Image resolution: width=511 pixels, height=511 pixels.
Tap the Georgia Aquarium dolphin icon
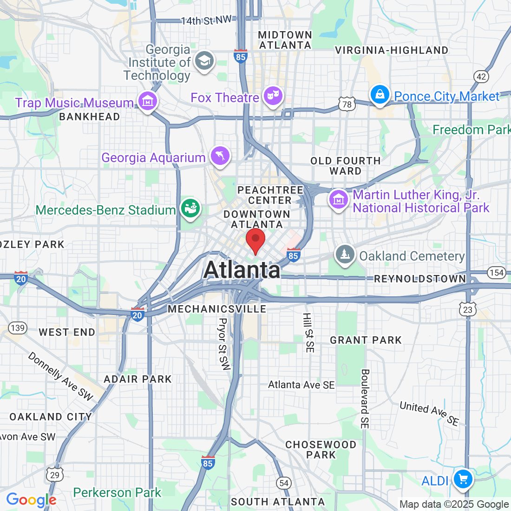click(220, 156)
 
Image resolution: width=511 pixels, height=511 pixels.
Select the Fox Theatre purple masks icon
click(273, 96)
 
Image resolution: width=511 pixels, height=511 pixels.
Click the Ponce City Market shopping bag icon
click(380, 95)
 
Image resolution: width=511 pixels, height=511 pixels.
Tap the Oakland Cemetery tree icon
click(345, 254)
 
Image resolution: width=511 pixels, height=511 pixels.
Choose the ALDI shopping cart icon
click(463, 478)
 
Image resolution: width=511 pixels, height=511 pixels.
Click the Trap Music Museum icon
click(148, 100)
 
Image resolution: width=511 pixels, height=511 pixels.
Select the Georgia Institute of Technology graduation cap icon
click(204, 61)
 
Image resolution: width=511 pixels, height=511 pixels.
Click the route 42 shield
click(482, 77)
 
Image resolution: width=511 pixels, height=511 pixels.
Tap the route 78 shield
click(347, 104)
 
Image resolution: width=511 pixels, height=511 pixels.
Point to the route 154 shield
click(497, 273)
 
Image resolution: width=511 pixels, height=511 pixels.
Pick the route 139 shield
click(18, 328)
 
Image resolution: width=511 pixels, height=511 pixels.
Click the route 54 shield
click(284, 483)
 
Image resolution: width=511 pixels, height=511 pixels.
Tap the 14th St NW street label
click(206, 20)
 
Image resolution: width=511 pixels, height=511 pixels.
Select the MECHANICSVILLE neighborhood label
click(217, 309)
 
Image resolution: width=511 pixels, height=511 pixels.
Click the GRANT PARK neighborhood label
click(366, 340)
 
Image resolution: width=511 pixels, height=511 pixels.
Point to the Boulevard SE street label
click(365, 399)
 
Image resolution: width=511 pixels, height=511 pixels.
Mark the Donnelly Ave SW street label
click(61, 376)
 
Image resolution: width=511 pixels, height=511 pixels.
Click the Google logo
click(31, 500)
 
